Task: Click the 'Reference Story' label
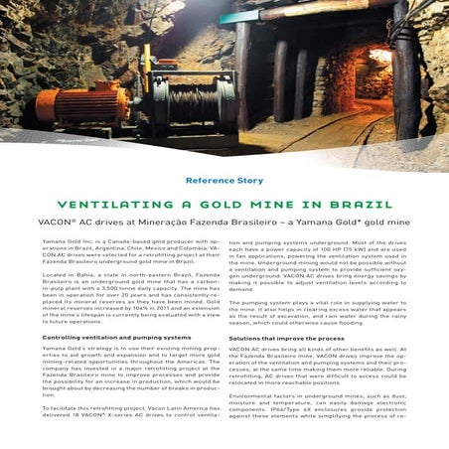click(224, 181)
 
